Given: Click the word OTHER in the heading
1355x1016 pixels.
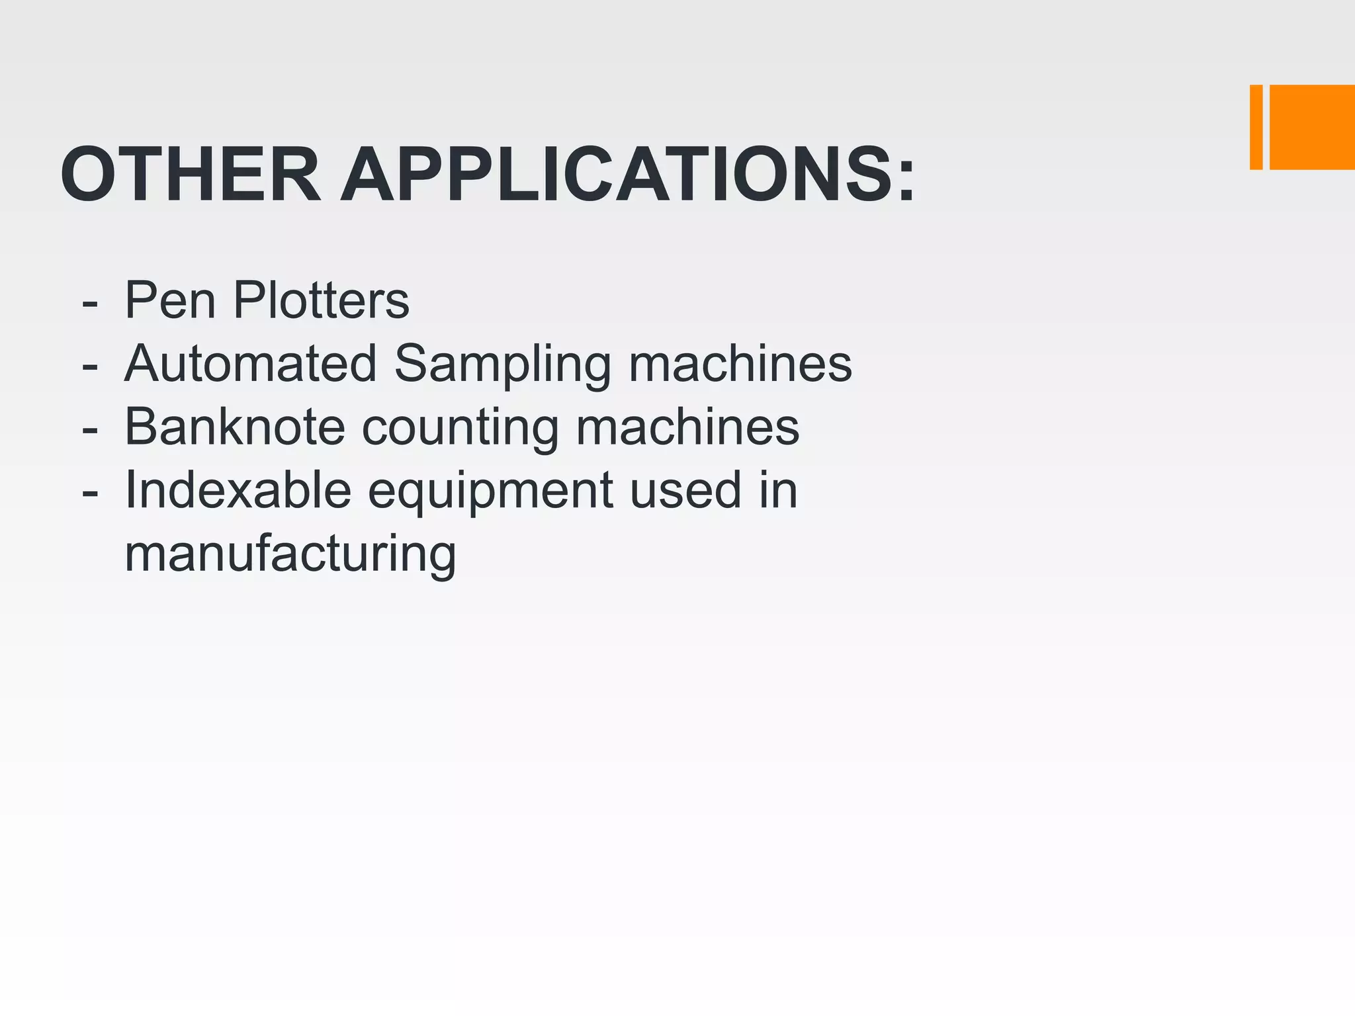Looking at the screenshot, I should [191, 175].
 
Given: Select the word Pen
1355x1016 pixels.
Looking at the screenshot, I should [170, 301].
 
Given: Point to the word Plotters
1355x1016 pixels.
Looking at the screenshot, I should [322, 301].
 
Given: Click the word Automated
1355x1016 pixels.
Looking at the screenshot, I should [250, 364].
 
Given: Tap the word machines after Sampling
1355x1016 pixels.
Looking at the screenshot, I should [740, 364].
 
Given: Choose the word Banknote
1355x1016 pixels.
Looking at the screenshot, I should [235, 427].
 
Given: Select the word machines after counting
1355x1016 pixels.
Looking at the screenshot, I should [687, 427].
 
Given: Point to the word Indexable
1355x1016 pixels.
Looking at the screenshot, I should [238, 490].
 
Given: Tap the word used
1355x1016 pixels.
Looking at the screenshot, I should [685, 490].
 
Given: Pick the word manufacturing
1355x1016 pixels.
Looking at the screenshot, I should [290, 554].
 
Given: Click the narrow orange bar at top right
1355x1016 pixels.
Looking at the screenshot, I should [1256, 127].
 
